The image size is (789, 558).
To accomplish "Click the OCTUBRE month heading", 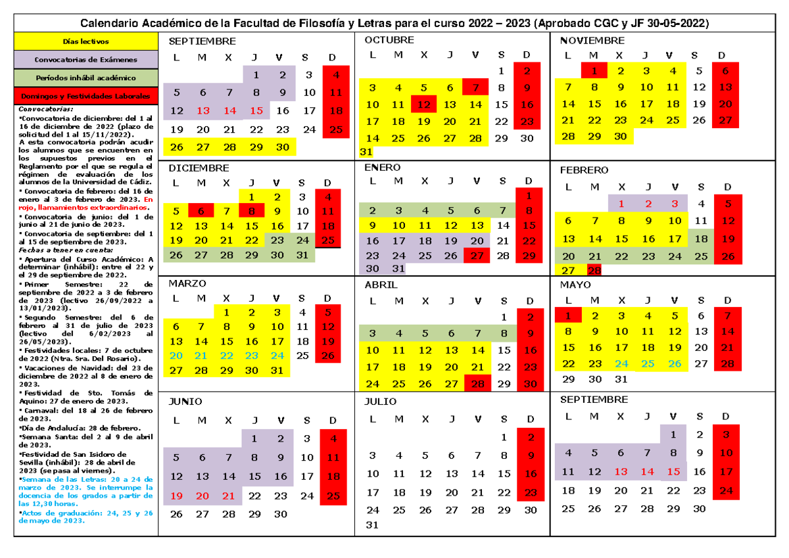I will click(389, 40).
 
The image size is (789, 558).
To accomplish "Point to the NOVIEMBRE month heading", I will click(592, 41).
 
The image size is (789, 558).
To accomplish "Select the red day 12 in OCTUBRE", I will click(423, 105).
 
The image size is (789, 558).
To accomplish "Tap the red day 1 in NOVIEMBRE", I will click(594, 71).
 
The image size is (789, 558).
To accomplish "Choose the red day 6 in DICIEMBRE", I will click(201, 211).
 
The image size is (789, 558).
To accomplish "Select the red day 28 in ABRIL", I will click(477, 384).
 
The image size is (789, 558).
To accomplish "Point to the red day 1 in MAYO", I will click(568, 315).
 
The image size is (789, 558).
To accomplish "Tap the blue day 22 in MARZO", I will click(226, 356).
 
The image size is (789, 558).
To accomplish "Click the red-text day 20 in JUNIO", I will click(202, 496).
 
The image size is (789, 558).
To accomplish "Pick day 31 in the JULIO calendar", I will click(372, 524).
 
